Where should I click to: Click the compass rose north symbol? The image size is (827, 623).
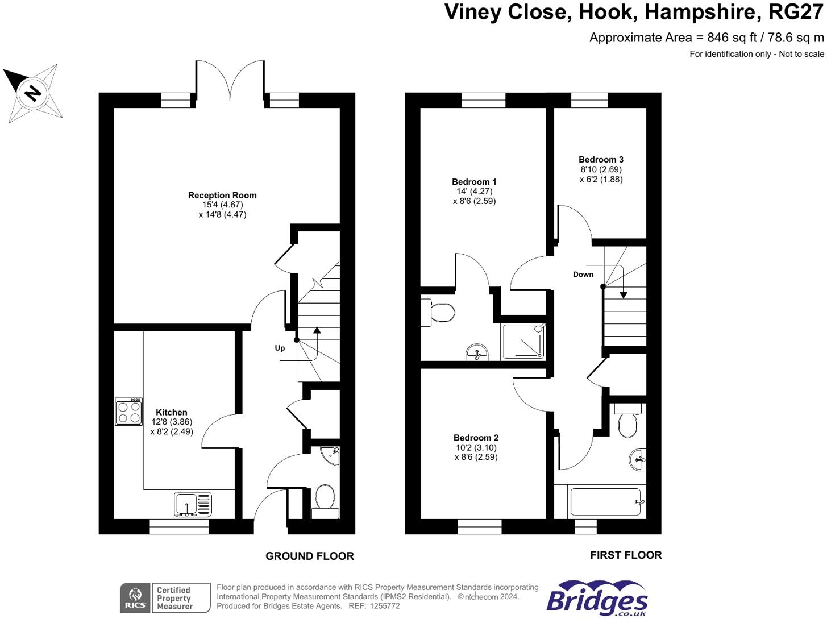[33, 93]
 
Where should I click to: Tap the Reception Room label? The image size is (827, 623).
[222, 195]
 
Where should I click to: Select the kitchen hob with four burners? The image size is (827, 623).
[128, 412]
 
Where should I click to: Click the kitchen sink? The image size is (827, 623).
[192, 504]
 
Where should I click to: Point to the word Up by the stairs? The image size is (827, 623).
[280, 348]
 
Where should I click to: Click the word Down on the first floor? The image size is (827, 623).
[583, 274]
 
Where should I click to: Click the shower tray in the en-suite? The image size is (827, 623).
[523, 341]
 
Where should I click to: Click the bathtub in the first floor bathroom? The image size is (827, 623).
[606, 502]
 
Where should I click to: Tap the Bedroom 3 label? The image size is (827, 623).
[601, 160]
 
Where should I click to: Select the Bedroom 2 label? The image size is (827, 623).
[476, 438]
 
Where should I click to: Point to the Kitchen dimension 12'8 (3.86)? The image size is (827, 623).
[172, 422]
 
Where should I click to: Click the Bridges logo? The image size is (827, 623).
[597, 599]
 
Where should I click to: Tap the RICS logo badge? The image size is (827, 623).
[135, 598]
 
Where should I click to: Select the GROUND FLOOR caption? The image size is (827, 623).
[309, 556]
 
